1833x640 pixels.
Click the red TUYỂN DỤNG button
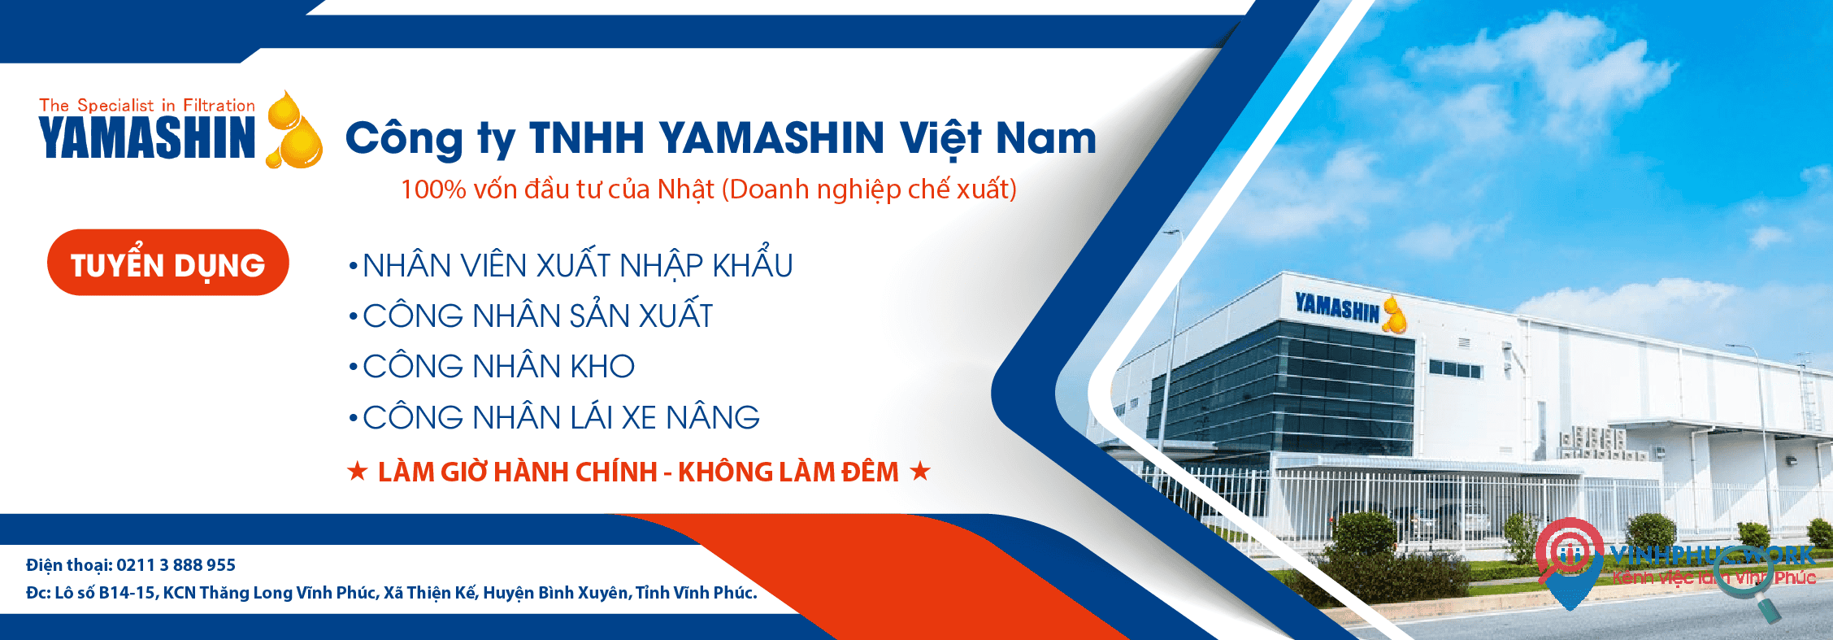click(x=168, y=263)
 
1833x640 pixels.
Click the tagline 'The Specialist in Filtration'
click(x=147, y=105)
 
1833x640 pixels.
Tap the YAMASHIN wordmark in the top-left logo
click(x=147, y=137)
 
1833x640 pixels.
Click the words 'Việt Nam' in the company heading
click(x=997, y=137)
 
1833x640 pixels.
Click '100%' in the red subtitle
click(x=433, y=189)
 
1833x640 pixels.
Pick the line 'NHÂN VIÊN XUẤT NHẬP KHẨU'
click(x=577, y=266)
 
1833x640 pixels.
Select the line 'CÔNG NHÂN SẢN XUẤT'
click(x=537, y=316)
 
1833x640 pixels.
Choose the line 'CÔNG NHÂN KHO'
click(x=498, y=367)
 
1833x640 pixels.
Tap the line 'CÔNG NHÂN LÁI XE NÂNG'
click(x=561, y=418)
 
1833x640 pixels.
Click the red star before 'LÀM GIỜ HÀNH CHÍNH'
click(x=357, y=471)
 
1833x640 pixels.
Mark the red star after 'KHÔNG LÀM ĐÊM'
click(x=920, y=471)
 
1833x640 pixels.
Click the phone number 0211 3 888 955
click(x=176, y=565)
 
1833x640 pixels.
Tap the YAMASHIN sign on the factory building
click(x=1337, y=308)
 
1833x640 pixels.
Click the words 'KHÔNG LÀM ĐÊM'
click(x=788, y=472)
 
